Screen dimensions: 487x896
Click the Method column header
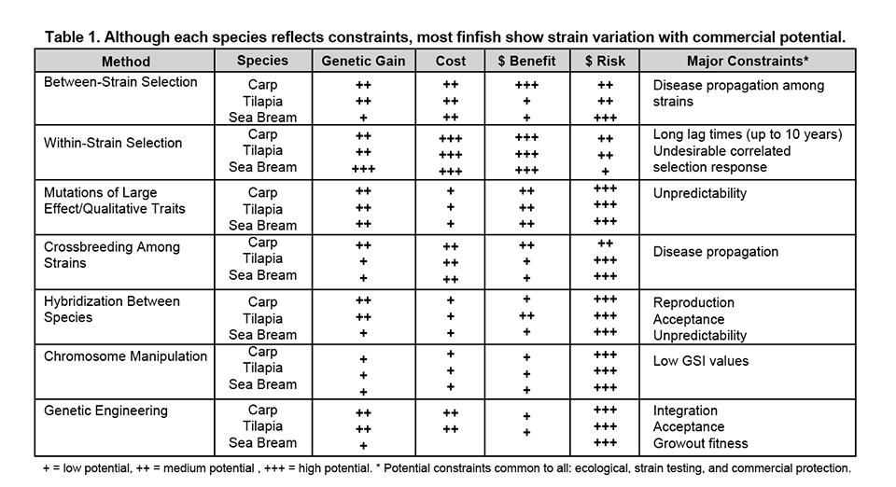[124, 62]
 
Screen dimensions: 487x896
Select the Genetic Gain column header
[363, 62]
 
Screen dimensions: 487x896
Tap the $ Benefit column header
[525, 62]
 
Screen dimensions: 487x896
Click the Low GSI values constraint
[701, 361]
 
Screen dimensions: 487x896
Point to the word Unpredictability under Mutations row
[701, 194]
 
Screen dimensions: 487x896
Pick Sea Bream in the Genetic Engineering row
[262, 443]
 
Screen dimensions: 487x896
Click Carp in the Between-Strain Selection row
[262, 85]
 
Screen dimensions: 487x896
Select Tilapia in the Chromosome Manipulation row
[262, 369]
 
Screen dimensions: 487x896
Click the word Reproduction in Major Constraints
[693, 302]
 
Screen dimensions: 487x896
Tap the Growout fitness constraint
[701, 443]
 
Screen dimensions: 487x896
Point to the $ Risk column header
[604, 62]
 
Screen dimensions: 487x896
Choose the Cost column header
[451, 62]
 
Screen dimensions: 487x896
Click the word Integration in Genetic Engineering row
[686, 410]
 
